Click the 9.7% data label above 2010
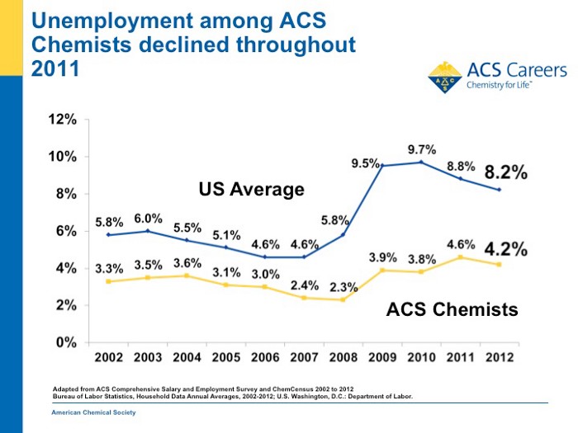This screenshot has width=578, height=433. click(x=421, y=149)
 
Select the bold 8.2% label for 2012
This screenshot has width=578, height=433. click(x=505, y=173)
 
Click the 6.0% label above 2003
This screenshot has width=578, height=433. click(x=149, y=219)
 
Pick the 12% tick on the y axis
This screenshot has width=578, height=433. click(x=62, y=120)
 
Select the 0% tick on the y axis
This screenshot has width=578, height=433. click(x=66, y=342)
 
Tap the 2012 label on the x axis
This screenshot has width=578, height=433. click(x=499, y=358)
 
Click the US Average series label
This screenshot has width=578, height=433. click(x=251, y=191)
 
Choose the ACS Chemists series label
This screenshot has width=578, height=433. click(x=452, y=310)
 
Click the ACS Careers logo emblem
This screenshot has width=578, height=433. click(x=445, y=77)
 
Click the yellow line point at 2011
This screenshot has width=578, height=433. click(x=461, y=257)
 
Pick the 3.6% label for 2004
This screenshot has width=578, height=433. click(x=187, y=263)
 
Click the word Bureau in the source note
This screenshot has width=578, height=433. click(x=60, y=396)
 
